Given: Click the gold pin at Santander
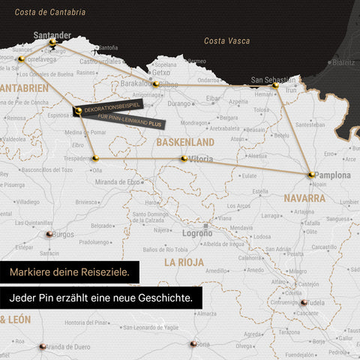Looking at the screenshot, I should coord(52,43).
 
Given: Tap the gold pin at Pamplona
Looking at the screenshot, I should coord(311,175).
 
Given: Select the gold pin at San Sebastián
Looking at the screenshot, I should coord(275,86).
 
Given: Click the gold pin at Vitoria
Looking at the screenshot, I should coord(184,158).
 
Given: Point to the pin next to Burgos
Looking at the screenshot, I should coord(49,234).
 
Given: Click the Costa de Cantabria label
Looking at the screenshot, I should coord(50,12).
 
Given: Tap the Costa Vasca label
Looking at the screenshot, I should coord(226,40).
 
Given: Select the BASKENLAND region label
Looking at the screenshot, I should coord(184,142).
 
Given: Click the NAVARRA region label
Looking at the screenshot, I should coord(304,199).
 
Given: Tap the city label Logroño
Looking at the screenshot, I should coord(197,233).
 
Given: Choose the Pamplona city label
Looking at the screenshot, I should coord(332,175).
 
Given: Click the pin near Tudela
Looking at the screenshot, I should coord(304,303).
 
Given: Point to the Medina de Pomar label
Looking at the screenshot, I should coord(85,133).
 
